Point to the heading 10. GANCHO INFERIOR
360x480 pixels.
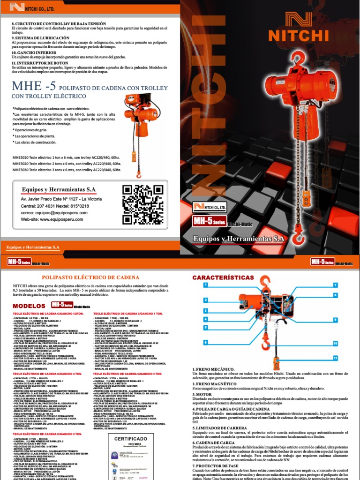click(36, 53)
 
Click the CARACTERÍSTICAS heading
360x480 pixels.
click(220, 278)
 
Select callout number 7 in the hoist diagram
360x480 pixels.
click(336, 285)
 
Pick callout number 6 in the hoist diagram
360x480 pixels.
click(205, 343)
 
